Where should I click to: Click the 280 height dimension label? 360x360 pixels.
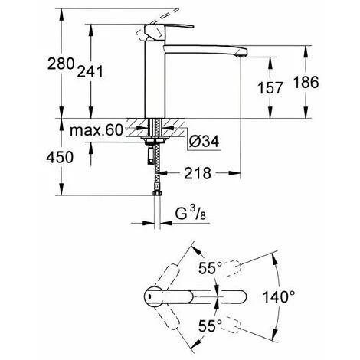(x=61, y=64)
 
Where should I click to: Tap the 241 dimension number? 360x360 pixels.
(x=90, y=71)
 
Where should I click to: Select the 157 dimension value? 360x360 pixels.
(x=270, y=87)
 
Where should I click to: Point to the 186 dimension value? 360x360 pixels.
(x=306, y=82)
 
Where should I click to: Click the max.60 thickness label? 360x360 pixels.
(x=97, y=130)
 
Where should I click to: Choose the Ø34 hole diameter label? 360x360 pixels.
(x=204, y=141)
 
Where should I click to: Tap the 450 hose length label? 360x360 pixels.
(x=60, y=157)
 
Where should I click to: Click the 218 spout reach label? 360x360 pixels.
(x=198, y=173)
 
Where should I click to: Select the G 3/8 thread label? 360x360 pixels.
(x=191, y=214)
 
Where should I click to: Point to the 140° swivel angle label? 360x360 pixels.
(x=279, y=297)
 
